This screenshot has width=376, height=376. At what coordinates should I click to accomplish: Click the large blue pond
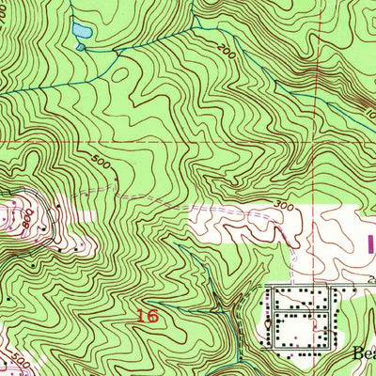[x=81, y=31]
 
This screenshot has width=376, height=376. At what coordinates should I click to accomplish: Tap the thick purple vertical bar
[x=368, y=243]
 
